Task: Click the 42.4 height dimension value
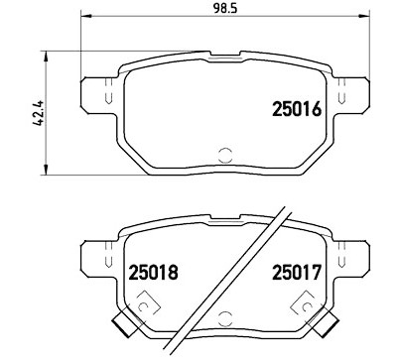click(x=39, y=113)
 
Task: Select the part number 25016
click(x=297, y=109)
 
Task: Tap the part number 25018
click(x=153, y=273)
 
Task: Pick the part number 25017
click(x=297, y=273)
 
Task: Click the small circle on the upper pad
click(x=226, y=155)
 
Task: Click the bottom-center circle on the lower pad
click(x=226, y=318)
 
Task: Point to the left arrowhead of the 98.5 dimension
click(x=86, y=16)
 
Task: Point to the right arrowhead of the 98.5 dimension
click(x=364, y=16)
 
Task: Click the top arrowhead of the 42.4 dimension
click(x=46, y=57)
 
